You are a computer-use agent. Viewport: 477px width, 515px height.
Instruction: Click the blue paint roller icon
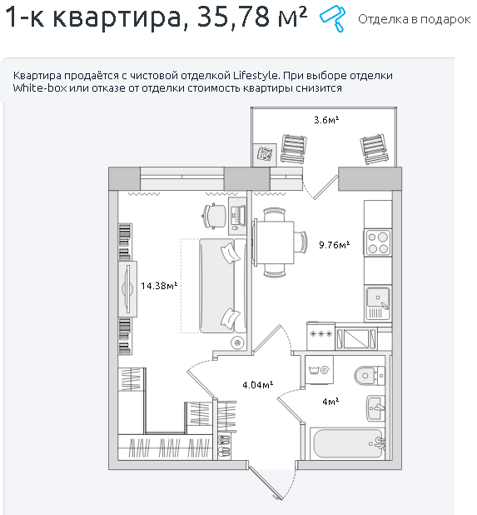tap(333, 18)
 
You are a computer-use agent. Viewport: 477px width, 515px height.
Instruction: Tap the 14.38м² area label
tap(159, 286)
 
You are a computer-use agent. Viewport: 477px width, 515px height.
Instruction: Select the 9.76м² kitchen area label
tap(335, 245)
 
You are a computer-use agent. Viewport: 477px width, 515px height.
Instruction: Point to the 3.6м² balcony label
tap(326, 120)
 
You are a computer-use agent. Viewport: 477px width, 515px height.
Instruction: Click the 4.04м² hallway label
tap(258, 385)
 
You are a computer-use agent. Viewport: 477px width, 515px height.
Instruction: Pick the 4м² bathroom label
tap(330, 402)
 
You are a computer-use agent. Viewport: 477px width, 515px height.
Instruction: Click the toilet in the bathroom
tap(370, 375)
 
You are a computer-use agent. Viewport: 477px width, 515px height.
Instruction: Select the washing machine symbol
tap(319, 370)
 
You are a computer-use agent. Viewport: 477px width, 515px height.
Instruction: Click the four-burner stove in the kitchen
tap(378, 242)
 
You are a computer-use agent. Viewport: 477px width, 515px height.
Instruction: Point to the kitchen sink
tap(378, 303)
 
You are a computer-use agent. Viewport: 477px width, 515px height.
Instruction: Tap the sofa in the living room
tap(223, 286)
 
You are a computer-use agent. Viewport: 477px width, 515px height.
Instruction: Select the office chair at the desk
tap(214, 216)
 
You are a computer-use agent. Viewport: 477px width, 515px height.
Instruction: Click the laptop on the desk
tap(237, 216)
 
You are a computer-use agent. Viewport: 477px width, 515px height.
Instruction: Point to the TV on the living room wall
tap(127, 289)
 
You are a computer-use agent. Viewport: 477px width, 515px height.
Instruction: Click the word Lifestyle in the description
tap(256, 76)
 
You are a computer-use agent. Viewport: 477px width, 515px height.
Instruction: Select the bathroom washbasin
tap(375, 407)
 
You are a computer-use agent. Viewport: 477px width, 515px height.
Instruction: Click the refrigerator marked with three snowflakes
tap(320, 336)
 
